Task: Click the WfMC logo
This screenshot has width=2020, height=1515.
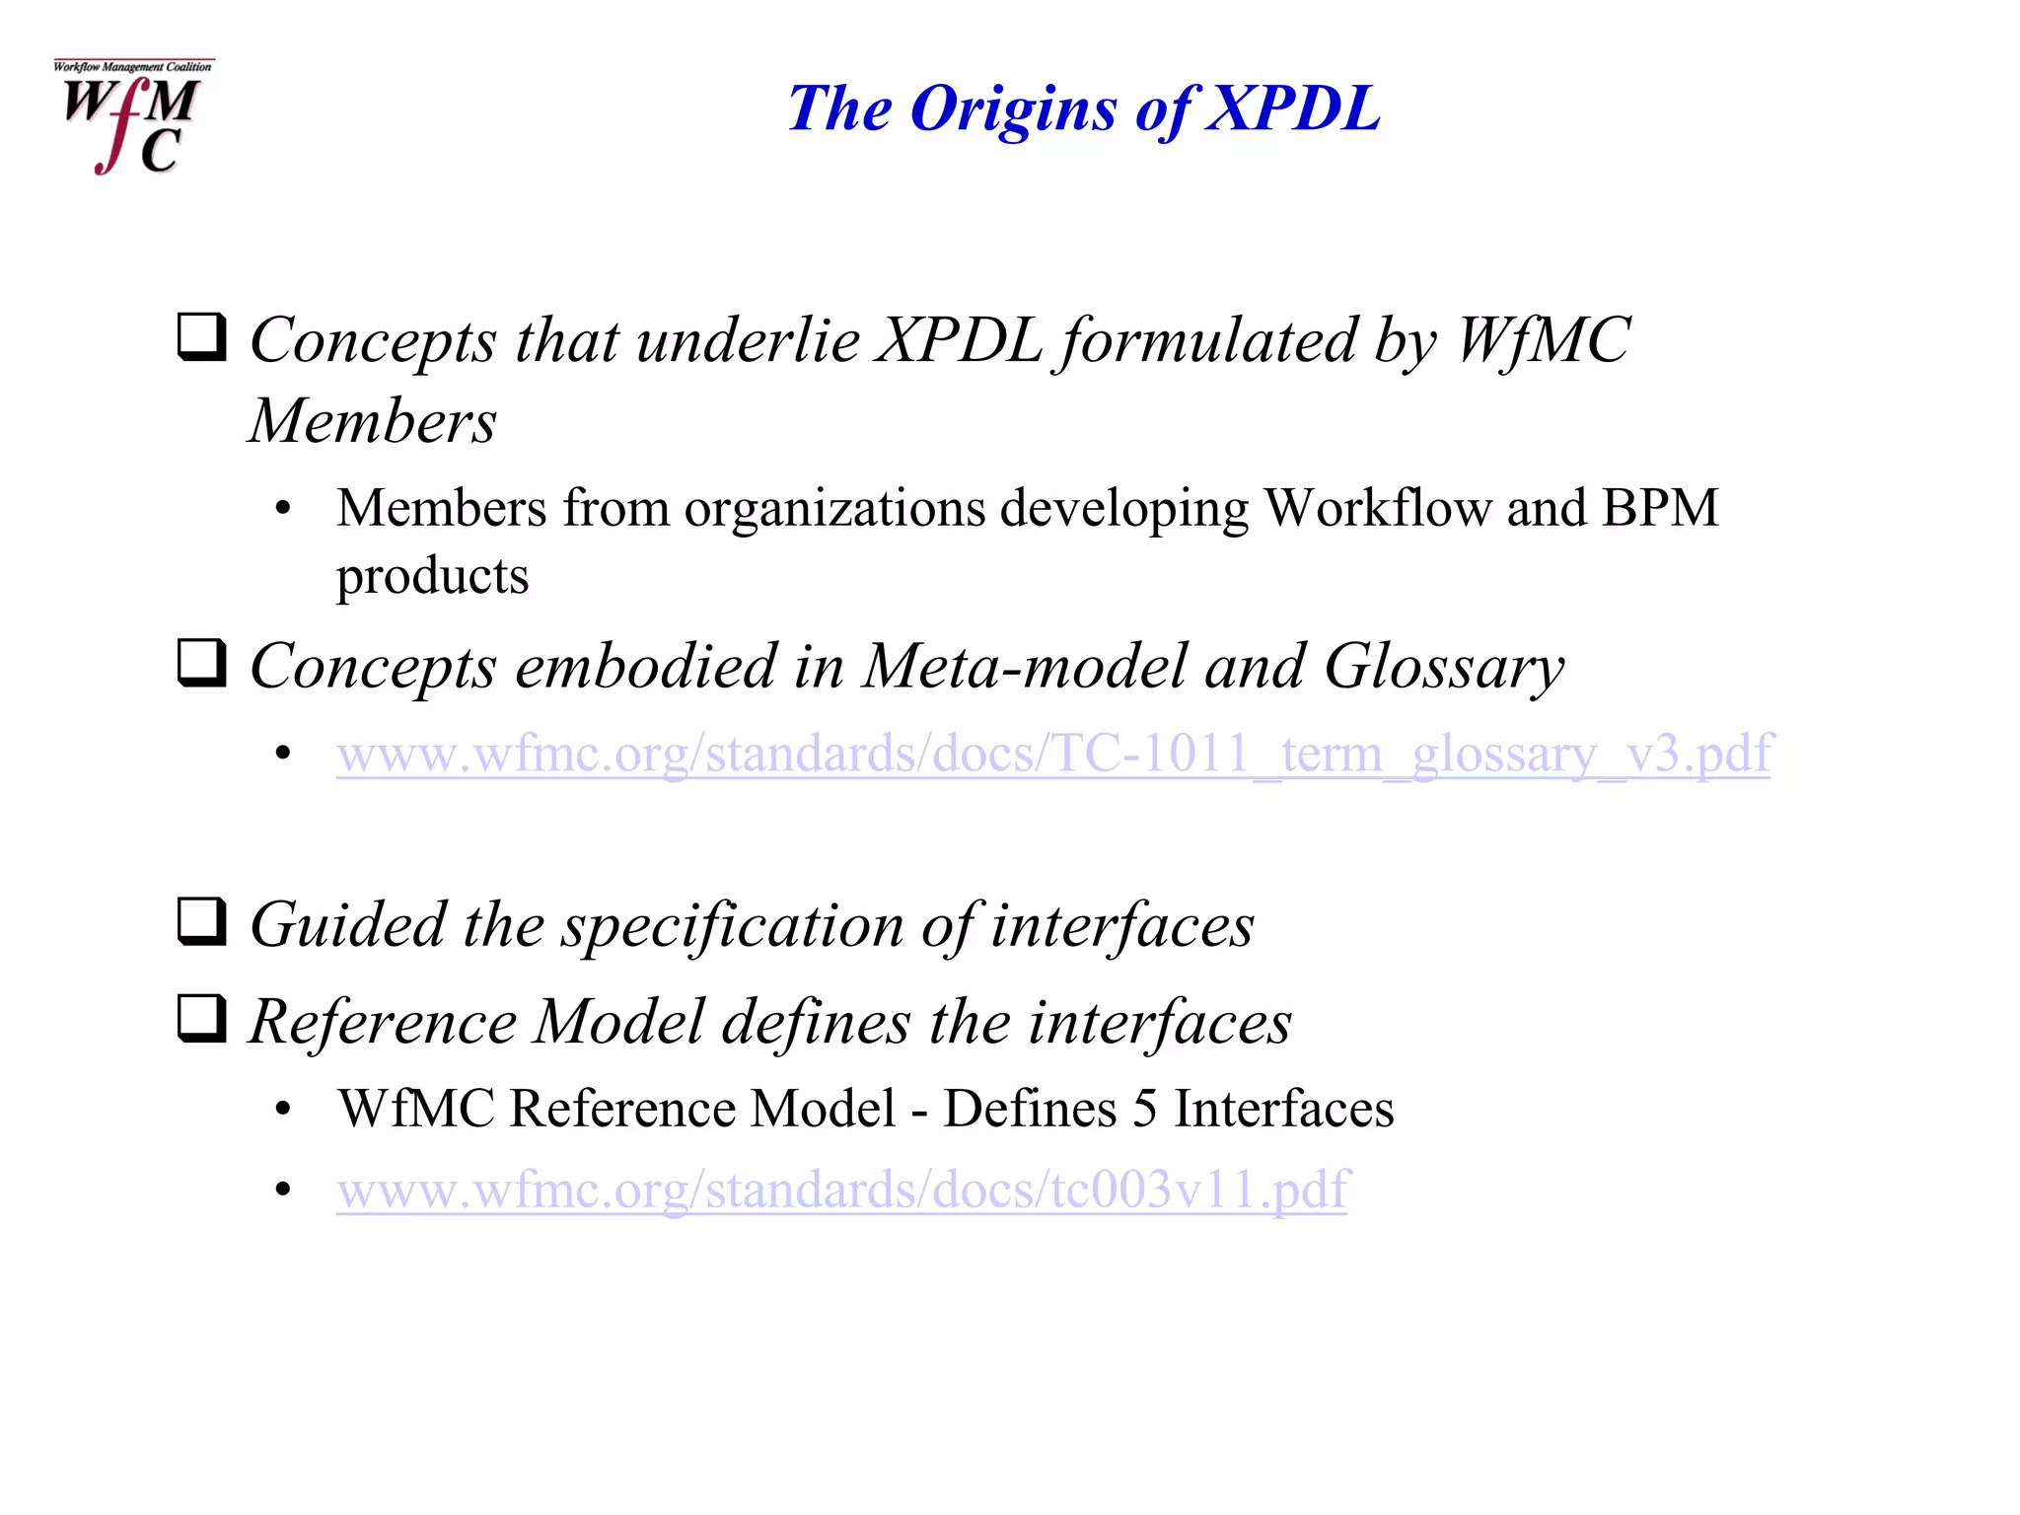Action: click(x=133, y=117)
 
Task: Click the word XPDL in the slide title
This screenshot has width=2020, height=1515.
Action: click(x=1293, y=108)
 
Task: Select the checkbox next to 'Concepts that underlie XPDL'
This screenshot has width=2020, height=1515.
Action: click(x=202, y=337)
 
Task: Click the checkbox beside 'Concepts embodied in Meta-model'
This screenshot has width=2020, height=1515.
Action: click(x=202, y=663)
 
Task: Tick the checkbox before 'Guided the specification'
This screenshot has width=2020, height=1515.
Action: click(x=202, y=921)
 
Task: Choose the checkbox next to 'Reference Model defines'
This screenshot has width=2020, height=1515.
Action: click(x=202, y=1018)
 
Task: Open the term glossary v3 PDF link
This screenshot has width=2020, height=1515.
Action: click(x=1053, y=754)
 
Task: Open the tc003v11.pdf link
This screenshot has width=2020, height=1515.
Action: click(x=841, y=1190)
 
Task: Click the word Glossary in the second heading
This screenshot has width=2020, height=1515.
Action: click(x=1443, y=669)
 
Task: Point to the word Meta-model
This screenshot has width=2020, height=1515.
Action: click(x=1025, y=667)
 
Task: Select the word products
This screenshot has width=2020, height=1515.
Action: click(x=432, y=577)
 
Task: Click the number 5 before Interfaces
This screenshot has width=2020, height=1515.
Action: click(x=1144, y=1109)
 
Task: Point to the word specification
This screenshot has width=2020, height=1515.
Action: click(x=732, y=927)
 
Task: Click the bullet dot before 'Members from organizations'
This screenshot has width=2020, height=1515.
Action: click(x=284, y=510)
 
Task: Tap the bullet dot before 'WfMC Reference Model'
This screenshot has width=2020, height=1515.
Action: click(x=284, y=1110)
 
